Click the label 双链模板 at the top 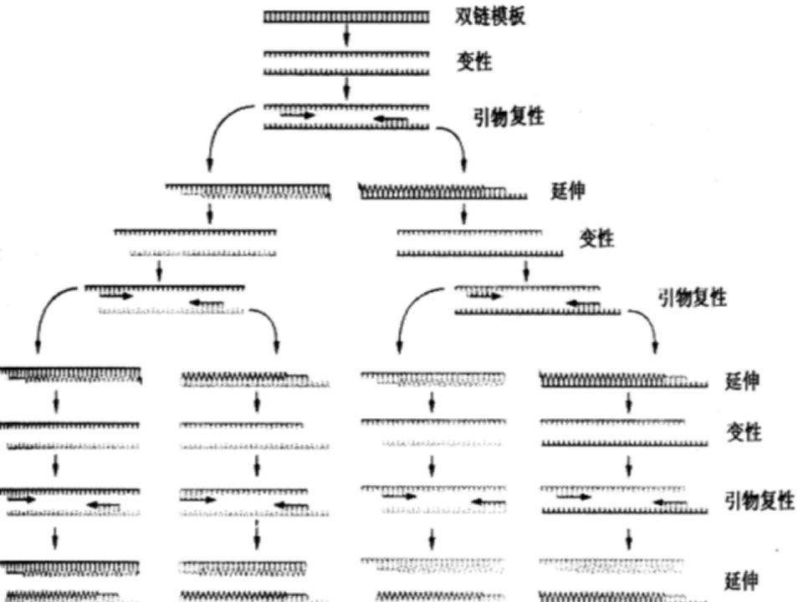490,17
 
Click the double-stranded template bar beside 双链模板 346,18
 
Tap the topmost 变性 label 474,62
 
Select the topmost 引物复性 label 508,117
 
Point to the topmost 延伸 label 568,191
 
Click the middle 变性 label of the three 596,238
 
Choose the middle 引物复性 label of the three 693,298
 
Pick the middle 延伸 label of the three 742,381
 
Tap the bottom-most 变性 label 744,432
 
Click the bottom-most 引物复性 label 760,500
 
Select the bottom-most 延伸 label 742,581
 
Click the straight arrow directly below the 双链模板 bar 346,35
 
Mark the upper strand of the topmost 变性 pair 346,54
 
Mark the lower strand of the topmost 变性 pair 346,72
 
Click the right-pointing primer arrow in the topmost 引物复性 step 298,115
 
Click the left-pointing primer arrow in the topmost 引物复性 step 391,120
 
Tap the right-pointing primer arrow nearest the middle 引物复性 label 485,295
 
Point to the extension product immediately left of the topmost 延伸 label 443,192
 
